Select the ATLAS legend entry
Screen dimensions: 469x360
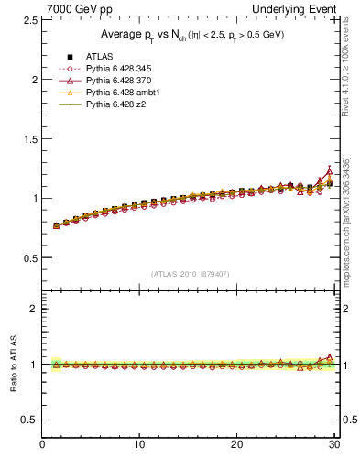[100, 57]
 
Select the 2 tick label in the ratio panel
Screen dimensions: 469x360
[33, 309]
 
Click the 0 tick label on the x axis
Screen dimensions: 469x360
[42, 446]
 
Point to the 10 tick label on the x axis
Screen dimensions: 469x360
[139, 446]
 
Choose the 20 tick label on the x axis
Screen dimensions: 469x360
[236, 446]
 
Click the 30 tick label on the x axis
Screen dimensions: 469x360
[333, 446]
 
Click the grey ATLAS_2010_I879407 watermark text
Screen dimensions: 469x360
[191, 273]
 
